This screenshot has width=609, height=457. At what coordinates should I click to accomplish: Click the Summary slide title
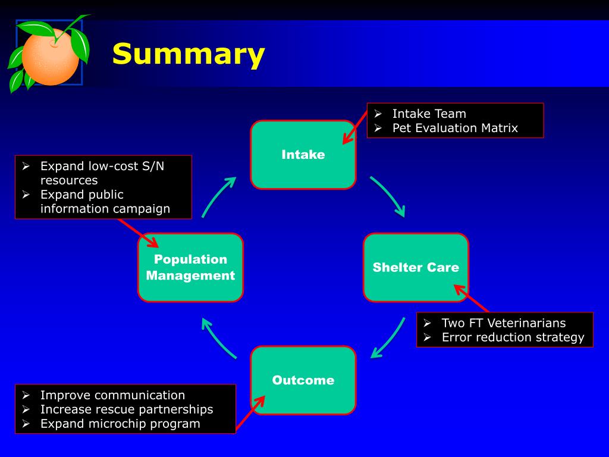[x=188, y=54]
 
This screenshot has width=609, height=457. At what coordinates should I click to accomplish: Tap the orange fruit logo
[x=50, y=57]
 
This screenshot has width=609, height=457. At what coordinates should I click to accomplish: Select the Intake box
[x=303, y=155]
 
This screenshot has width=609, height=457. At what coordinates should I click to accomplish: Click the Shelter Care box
[x=416, y=267]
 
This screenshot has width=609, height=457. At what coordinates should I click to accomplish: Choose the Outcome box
[x=303, y=380]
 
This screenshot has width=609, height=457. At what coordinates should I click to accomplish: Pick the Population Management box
[x=190, y=267]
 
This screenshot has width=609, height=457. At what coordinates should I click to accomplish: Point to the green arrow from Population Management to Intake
[x=217, y=195]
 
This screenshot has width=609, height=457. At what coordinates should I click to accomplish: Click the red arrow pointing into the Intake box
[x=354, y=126]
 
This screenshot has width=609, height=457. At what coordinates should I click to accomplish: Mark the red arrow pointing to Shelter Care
[x=472, y=298]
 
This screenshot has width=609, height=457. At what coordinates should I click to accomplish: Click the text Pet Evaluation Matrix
[x=455, y=128]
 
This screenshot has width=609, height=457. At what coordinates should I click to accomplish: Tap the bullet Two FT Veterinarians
[x=503, y=323]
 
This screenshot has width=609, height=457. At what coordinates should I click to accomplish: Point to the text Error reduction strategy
[x=513, y=337]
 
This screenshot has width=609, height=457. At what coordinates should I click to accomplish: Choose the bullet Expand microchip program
[x=120, y=424]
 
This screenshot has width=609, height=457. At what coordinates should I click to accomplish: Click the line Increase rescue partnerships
[x=126, y=409]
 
